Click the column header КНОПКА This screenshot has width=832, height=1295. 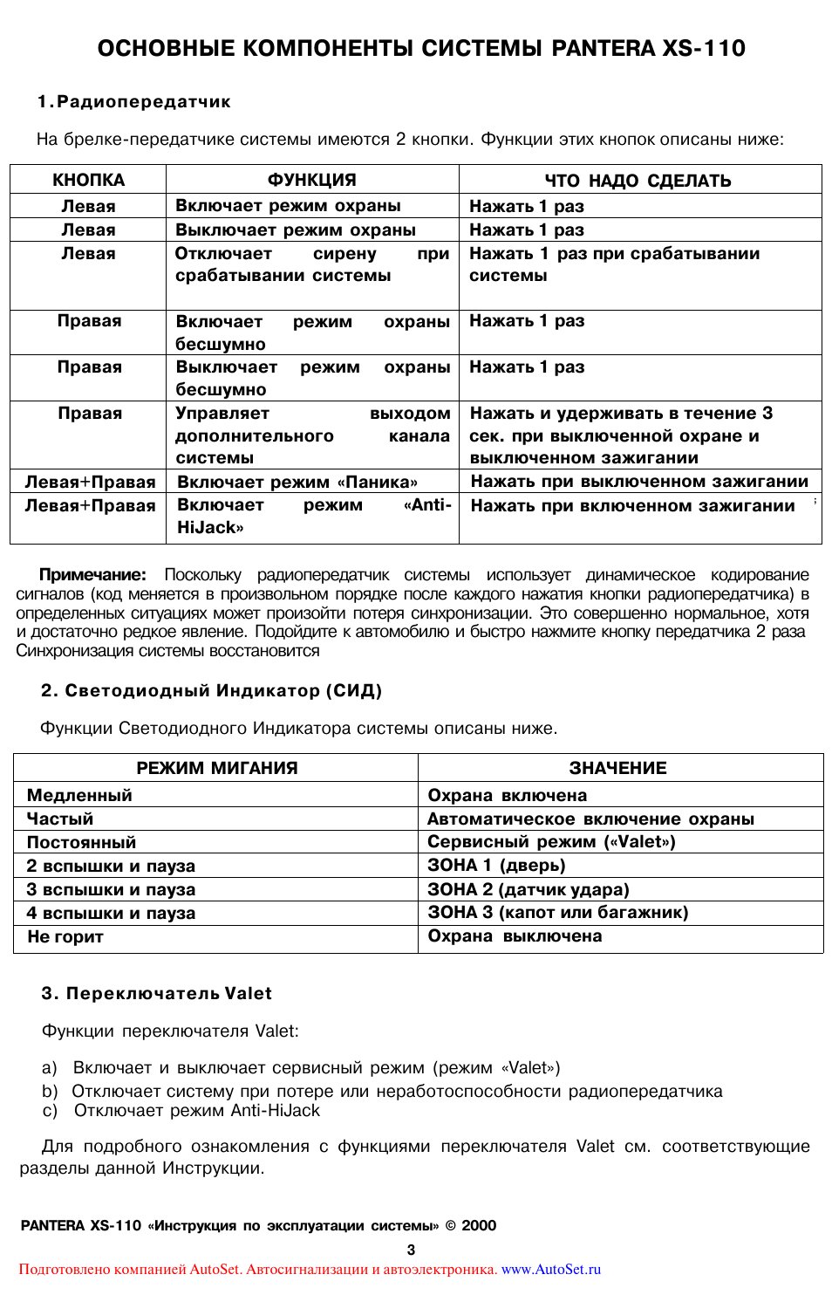coord(88,180)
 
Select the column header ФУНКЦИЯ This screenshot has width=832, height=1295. coord(311,180)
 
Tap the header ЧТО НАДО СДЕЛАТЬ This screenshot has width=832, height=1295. coord(638,181)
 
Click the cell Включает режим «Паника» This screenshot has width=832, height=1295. coord(297,482)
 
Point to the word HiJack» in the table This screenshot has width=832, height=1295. coord(210,527)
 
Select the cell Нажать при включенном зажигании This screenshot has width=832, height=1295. coord(632,505)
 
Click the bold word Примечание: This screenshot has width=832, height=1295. coord(92,575)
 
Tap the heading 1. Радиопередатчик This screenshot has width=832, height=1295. coord(133,102)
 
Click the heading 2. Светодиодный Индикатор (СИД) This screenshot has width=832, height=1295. coord(211,690)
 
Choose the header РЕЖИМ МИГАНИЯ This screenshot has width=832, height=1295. coord(217,768)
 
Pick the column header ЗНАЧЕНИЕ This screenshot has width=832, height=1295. coord(617,768)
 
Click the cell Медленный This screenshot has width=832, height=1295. coord(79,795)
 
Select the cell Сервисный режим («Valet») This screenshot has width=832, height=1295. coord(551,841)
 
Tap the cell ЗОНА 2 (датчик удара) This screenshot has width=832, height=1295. coord(528,889)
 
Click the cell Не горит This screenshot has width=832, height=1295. coord(65,936)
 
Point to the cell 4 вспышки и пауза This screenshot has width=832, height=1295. coord(111,913)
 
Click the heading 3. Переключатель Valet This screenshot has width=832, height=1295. coord(156,993)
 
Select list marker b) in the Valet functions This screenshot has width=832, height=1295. coord(50,1091)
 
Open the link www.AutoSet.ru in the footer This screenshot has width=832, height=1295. coord(550,1269)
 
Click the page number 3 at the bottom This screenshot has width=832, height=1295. coord(411,1250)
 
